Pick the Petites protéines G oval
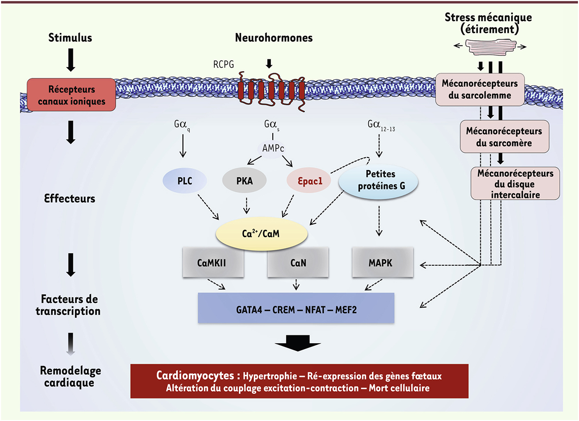(x=378, y=182)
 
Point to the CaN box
(x=298, y=262)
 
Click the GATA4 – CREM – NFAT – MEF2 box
(x=296, y=308)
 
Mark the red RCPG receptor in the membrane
(x=271, y=88)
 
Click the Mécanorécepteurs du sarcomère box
(x=504, y=137)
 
